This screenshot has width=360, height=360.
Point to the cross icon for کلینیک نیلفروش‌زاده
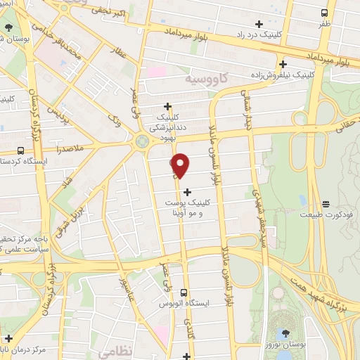click(x=282, y=63)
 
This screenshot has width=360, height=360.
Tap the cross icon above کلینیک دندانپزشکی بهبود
click(x=167, y=107)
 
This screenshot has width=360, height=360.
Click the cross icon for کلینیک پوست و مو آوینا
click(x=187, y=191)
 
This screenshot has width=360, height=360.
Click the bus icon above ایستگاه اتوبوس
click(x=184, y=292)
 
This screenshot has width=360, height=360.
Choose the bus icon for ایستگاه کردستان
click(x=20, y=150)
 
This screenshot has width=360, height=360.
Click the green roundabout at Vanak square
click(x=143, y=141)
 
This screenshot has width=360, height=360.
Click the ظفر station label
click(x=324, y=23)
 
